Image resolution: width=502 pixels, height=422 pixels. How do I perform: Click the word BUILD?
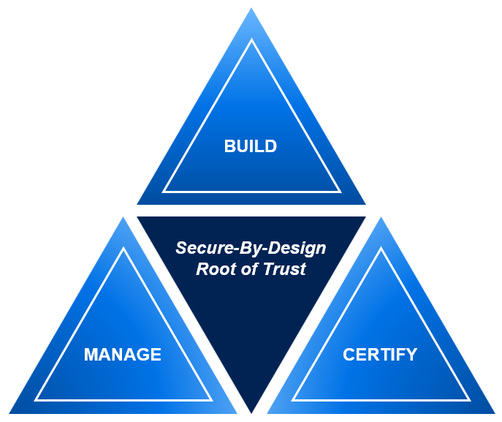pyautogui.click(x=251, y=146)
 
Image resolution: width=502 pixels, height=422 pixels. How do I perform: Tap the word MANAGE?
pyautogui.click(x=123, y=355)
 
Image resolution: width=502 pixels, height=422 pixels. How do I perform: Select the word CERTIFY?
pyautogui.click(x=380, y=355)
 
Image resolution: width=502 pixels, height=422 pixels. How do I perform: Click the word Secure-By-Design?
pyautogui.click(x=251, y=248)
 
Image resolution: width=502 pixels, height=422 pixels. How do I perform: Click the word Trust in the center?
pyautogui.click(x=286, y=268)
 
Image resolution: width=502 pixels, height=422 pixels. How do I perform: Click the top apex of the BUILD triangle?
pyautogui.click(x=251, y=9)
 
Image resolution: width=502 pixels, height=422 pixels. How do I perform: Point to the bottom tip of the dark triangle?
pyautogui.click(x=251, y=412)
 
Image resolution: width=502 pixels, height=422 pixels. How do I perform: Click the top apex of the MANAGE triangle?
pyautogui.click(x=123, y=219)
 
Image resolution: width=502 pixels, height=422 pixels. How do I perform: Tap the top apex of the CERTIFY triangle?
pyautogui.click(x=380, y=219)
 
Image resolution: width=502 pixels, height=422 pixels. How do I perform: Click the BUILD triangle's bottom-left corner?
pyautogui.click(x=138, y=203)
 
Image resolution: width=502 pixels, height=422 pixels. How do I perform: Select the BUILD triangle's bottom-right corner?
pyautogui.click(x=365, y=203)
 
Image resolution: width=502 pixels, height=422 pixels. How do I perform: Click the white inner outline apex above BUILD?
pyautogui.click(x=251, y=40)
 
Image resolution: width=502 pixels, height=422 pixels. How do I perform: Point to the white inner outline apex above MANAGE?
pyautogui.click(x=123, y=249)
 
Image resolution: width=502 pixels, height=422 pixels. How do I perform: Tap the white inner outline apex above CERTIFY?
pyautogui.click(x=380, y=249)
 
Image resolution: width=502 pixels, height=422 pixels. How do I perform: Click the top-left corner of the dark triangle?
pyautogui.click(x=138, y=217)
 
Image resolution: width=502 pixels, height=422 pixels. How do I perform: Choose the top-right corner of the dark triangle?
pyautogui.click(x=365, y=217)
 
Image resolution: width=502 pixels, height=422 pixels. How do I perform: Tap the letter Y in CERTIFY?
pyautogui.click(x=411, y=355)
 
